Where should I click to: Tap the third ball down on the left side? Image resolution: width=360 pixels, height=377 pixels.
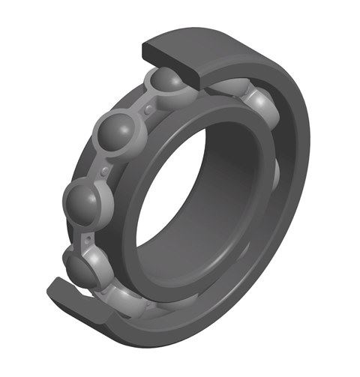pyautogui.click(x=84, y=201)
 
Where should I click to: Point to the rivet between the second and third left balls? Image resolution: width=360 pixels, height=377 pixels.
pyautogui.click(x=104, y=172)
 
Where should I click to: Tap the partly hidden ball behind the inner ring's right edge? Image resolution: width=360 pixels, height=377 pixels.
pyautogui.click(x=274, y=172)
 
